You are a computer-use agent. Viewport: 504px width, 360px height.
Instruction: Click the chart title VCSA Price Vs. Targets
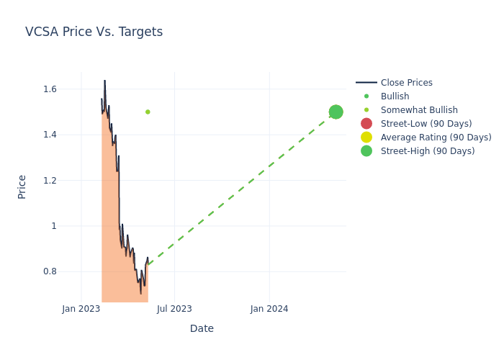point(94,32)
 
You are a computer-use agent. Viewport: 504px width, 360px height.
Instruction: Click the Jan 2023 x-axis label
point(81,309)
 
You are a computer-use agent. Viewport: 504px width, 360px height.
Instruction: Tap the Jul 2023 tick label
point(174,309)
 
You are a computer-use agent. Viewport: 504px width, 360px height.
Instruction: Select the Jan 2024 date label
point(269,309)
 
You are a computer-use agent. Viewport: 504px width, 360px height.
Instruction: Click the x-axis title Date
point(202,328)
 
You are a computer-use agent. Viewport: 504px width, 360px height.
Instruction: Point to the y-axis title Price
point(22,186)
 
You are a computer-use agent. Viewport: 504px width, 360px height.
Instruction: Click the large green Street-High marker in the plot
point(336,112)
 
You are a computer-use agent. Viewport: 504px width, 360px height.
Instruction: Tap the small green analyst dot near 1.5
point(148,112)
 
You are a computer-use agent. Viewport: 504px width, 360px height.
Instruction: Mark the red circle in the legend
point(366,124)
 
